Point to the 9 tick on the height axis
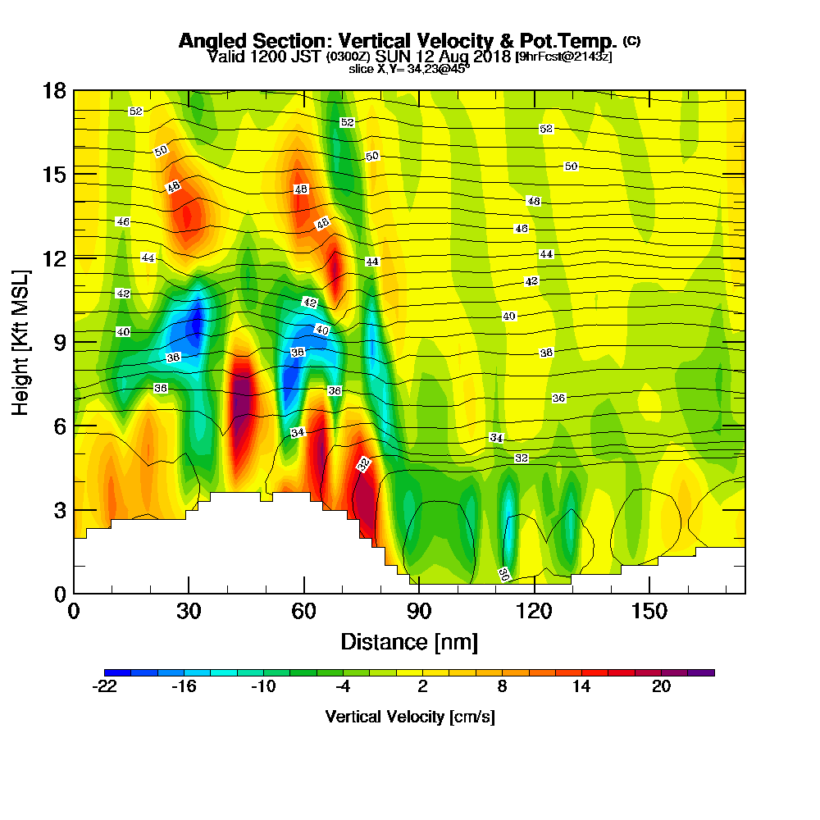pyautogui.click(x=59, y=342)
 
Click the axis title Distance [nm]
pyautogui.click(x=409, y=641)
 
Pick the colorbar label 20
pyautogui.click(x=662, y=688)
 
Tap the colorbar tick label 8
pyautogui.click(x=502, y=688)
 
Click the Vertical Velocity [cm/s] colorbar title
pyautogui.click(x=409, y=717)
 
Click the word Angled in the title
pyautogui.click(x=211, y=41)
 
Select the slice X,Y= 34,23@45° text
pyautogui.click(x=409, y=69)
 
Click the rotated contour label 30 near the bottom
pyautogui.click(x=503, y=574)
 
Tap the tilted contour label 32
pyautogui.click(x=364, y=464)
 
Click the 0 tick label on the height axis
pyautogui.click(x=59, y=594)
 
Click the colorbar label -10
pyautogui.click(x=263, y=688)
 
